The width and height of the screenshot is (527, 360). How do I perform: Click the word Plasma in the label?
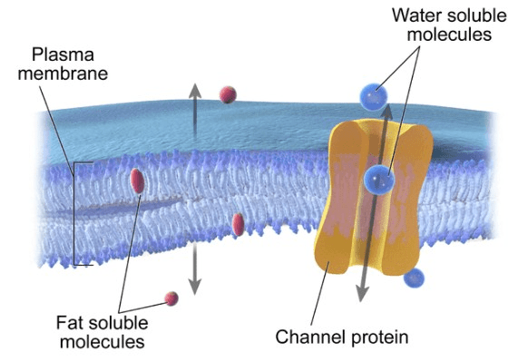pos(63,55)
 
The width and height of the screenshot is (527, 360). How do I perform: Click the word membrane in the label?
pos(63,73)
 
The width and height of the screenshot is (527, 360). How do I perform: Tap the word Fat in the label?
pos(70,323)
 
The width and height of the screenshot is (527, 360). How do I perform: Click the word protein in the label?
pos(380,337)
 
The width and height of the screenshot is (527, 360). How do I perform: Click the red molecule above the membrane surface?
pos(228,95)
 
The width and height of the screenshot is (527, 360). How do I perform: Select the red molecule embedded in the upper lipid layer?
pos(138,180)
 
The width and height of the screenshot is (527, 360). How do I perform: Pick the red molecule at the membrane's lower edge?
pos(238,224)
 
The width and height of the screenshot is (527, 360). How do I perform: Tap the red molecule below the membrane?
pos(171,298)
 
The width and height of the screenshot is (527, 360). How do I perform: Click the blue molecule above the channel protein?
pos(374,97)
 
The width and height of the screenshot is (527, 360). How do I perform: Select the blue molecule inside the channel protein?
pos(379,180)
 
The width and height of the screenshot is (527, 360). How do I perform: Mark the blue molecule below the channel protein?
pos(414,278)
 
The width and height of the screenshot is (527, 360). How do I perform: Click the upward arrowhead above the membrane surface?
pos(195,91)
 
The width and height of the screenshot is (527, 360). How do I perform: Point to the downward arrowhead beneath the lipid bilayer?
pos(194,287)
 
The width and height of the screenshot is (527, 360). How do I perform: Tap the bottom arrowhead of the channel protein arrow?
pos(362,294)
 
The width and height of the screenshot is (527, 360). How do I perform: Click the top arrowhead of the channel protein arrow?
pos(387,112)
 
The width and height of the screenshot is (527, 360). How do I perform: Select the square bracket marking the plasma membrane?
pos(74,214)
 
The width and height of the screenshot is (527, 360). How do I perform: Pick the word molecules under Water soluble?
pos(449,34)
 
